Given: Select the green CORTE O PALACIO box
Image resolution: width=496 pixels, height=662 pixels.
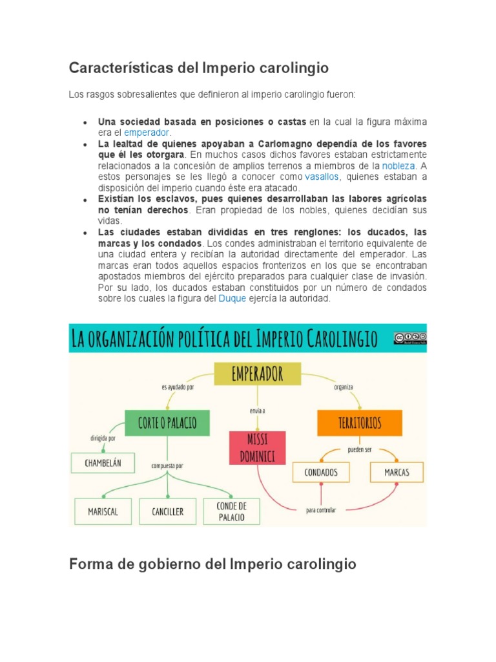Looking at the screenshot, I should (167, 423).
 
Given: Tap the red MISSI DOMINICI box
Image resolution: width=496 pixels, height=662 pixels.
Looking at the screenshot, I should (257, 447).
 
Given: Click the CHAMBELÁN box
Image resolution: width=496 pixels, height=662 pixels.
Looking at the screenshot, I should (103, 462).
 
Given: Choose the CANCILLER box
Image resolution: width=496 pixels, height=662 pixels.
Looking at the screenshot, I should (167, 511).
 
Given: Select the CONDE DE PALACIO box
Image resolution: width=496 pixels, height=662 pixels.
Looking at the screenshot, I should (232, 511).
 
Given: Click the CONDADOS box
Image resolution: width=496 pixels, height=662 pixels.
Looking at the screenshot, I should (321, 472).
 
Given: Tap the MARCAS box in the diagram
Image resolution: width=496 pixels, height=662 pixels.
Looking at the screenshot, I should (397, 472).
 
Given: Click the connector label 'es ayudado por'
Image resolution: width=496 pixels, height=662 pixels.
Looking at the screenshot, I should (178, 387).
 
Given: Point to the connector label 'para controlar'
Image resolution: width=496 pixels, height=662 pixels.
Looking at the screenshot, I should (321, 509).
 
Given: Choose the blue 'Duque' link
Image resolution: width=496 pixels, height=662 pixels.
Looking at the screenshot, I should (232, 299).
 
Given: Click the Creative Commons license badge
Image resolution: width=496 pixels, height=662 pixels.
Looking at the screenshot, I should (409, 337).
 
